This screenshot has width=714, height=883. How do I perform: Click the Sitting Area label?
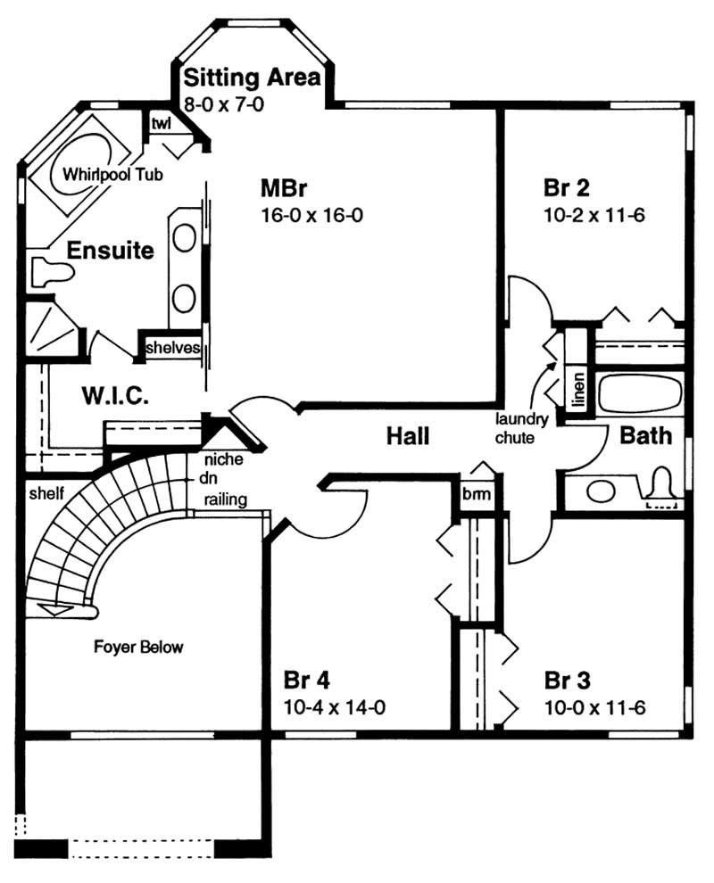click(251, 78)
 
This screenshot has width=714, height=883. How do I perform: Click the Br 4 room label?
click(306, 681)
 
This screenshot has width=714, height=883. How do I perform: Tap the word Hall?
click(408, 436)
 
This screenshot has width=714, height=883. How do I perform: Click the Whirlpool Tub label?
click(113, 176)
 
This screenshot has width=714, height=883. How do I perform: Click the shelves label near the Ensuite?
click(172, 348)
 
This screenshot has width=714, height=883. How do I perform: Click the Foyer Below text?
click(138, 647)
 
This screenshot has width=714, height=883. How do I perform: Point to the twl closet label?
click(161, 123)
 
